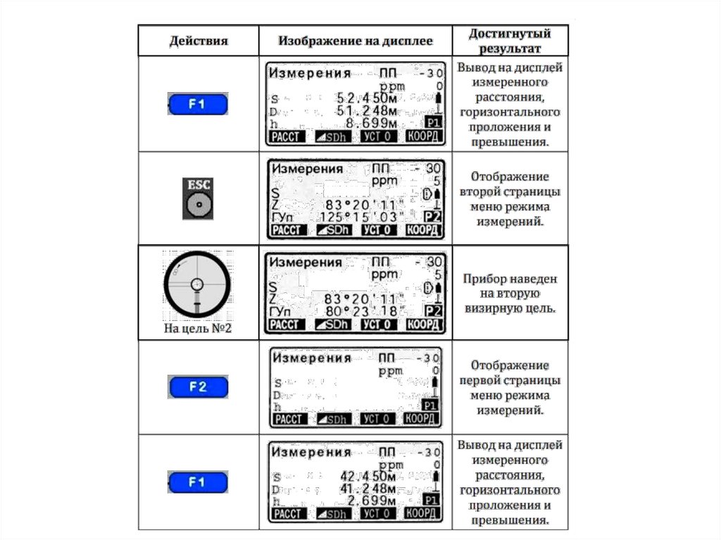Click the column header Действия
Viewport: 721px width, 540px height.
199,41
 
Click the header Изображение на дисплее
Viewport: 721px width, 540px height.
355,41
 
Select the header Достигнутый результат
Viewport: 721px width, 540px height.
510,41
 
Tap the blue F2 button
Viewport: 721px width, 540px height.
198,387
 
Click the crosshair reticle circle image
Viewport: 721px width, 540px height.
197,283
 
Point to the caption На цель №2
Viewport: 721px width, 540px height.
197,328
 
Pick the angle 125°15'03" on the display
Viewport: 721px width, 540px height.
362,216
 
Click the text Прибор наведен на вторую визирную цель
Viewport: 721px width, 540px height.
510,294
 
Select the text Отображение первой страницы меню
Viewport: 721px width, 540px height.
510,387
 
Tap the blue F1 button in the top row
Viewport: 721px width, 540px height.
198,105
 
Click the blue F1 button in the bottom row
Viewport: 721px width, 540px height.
198,482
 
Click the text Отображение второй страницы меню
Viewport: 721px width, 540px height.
510,199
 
